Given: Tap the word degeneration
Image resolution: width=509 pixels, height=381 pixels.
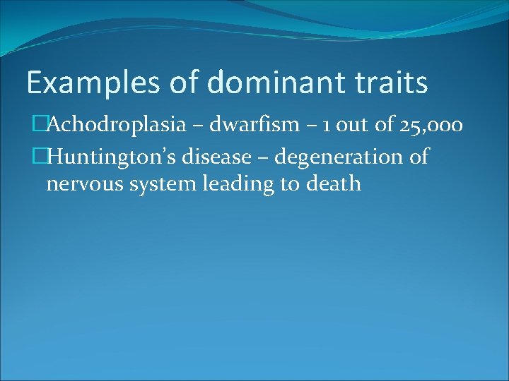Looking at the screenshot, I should click(x=339, y=157).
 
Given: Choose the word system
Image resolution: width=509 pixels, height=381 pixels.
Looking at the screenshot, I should click(x=165, y=186).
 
